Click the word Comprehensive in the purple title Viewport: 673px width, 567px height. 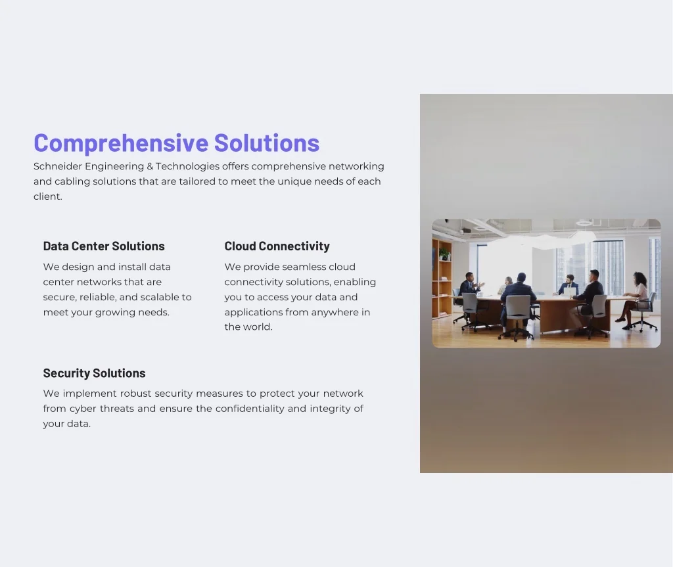click(x=121, y=143)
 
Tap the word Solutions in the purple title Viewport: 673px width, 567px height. click(x=267, y=143)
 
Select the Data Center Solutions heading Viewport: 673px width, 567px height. click(x=104, y=246)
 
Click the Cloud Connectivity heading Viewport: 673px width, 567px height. click(x=277, y=246)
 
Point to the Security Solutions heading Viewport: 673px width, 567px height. click(x=95, y=373)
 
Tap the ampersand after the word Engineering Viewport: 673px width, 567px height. click(x=150, y=166)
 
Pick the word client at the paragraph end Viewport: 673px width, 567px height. click(x=47, y=196)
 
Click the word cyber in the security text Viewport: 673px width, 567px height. click(x=83, y=409)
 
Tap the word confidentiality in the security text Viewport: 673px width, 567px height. click(x=250, y=409)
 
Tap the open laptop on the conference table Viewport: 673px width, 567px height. click(x=569, y=292)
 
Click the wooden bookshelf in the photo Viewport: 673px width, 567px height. click(x=442, y=279)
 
